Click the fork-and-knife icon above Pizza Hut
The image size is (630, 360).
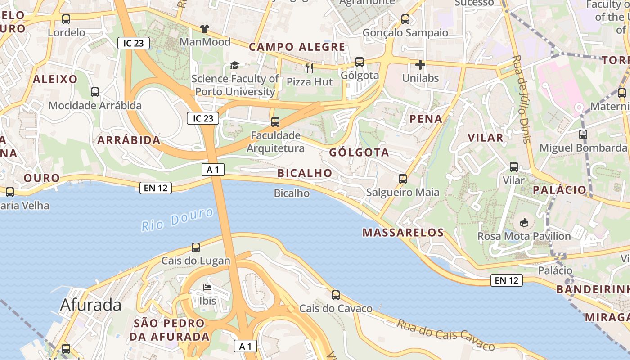310,68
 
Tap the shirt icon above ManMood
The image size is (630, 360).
205,28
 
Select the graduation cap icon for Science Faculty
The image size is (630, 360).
234,66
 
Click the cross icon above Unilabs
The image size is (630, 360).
420,65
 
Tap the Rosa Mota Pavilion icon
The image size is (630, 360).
524,222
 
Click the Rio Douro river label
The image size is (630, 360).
177,219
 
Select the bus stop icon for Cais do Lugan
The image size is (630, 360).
196,247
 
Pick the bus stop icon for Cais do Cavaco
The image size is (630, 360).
336,295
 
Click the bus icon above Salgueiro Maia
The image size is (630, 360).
403,179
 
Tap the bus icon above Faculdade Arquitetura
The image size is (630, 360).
275,121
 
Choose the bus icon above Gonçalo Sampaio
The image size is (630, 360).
405,19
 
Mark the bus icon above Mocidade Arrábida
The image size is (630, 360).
95,92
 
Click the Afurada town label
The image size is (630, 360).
91,305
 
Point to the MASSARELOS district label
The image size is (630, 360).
403,233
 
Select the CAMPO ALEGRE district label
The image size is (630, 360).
297,47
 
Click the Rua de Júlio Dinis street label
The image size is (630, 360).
522,99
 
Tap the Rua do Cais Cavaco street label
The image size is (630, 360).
445,334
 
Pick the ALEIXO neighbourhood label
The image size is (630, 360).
55,79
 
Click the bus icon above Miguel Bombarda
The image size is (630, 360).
583,134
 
